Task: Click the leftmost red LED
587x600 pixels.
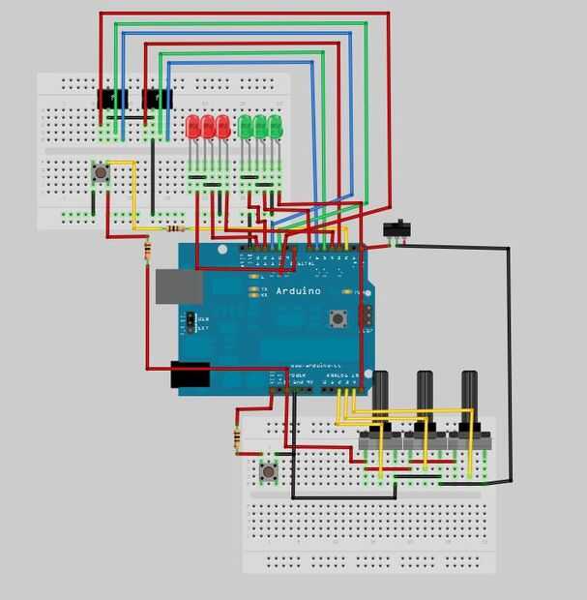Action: [192, 127]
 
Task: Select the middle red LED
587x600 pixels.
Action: [207, 127]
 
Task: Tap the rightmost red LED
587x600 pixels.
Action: [222, 127]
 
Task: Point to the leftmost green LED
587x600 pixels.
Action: [246, 127]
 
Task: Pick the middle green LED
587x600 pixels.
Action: [260, 127]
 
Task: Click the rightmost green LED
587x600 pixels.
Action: [276, 127]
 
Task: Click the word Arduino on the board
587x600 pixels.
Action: [297, 291]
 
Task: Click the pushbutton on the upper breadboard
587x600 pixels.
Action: [100, 173]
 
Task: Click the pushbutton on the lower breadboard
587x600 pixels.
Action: [268, 471]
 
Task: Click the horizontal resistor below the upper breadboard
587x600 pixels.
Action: [175, 229]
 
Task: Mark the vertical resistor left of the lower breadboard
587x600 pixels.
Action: [238, 439]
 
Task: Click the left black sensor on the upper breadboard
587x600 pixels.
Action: [114, 99]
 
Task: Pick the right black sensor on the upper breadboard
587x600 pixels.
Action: [156, 99]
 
